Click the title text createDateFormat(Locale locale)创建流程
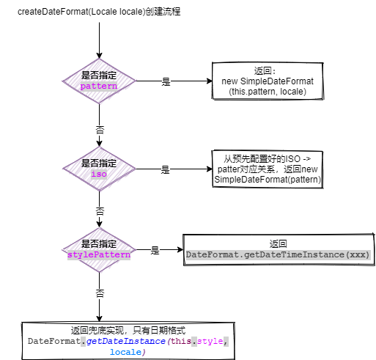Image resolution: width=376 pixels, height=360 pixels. coord(99,12)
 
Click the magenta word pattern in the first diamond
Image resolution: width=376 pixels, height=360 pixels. coord(99,86)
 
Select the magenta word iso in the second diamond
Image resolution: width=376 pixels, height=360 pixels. coord(99,174)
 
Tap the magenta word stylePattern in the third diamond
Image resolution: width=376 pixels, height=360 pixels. coord(99,254)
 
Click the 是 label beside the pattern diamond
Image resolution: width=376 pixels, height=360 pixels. coord(166,81)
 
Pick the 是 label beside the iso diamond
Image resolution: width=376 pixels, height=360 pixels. coord(165,169)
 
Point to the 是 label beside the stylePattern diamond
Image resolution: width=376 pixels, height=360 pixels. coord(155,251)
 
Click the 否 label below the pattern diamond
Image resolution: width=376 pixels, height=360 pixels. coord(100,130)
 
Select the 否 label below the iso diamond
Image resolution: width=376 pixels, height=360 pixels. coord(100,211)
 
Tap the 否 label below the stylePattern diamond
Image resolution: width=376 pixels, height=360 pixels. coord(100,293)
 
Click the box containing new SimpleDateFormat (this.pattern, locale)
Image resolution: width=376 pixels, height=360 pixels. coord(268,81)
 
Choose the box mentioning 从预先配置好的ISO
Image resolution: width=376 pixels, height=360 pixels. coord(268,169)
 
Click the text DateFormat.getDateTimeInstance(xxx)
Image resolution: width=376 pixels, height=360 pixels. coord(278,254)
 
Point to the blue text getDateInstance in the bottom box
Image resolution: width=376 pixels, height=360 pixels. coord(126,341)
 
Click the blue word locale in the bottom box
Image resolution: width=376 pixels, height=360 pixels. coord(126,352)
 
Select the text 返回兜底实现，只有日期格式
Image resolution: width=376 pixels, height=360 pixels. coord(128,331)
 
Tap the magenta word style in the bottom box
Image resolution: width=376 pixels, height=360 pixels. coord(210,341)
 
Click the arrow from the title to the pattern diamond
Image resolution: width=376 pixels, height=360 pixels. coord(99,40)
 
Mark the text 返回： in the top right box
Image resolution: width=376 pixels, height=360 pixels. coord(265,71)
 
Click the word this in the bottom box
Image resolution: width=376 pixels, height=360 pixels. coord(181,341)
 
